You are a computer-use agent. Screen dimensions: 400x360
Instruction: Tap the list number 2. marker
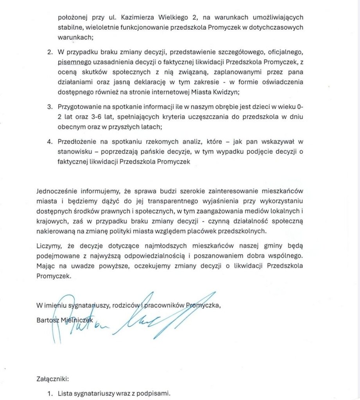coord(50,52)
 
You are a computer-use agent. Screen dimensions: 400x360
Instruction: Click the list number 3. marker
coord(50,107)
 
